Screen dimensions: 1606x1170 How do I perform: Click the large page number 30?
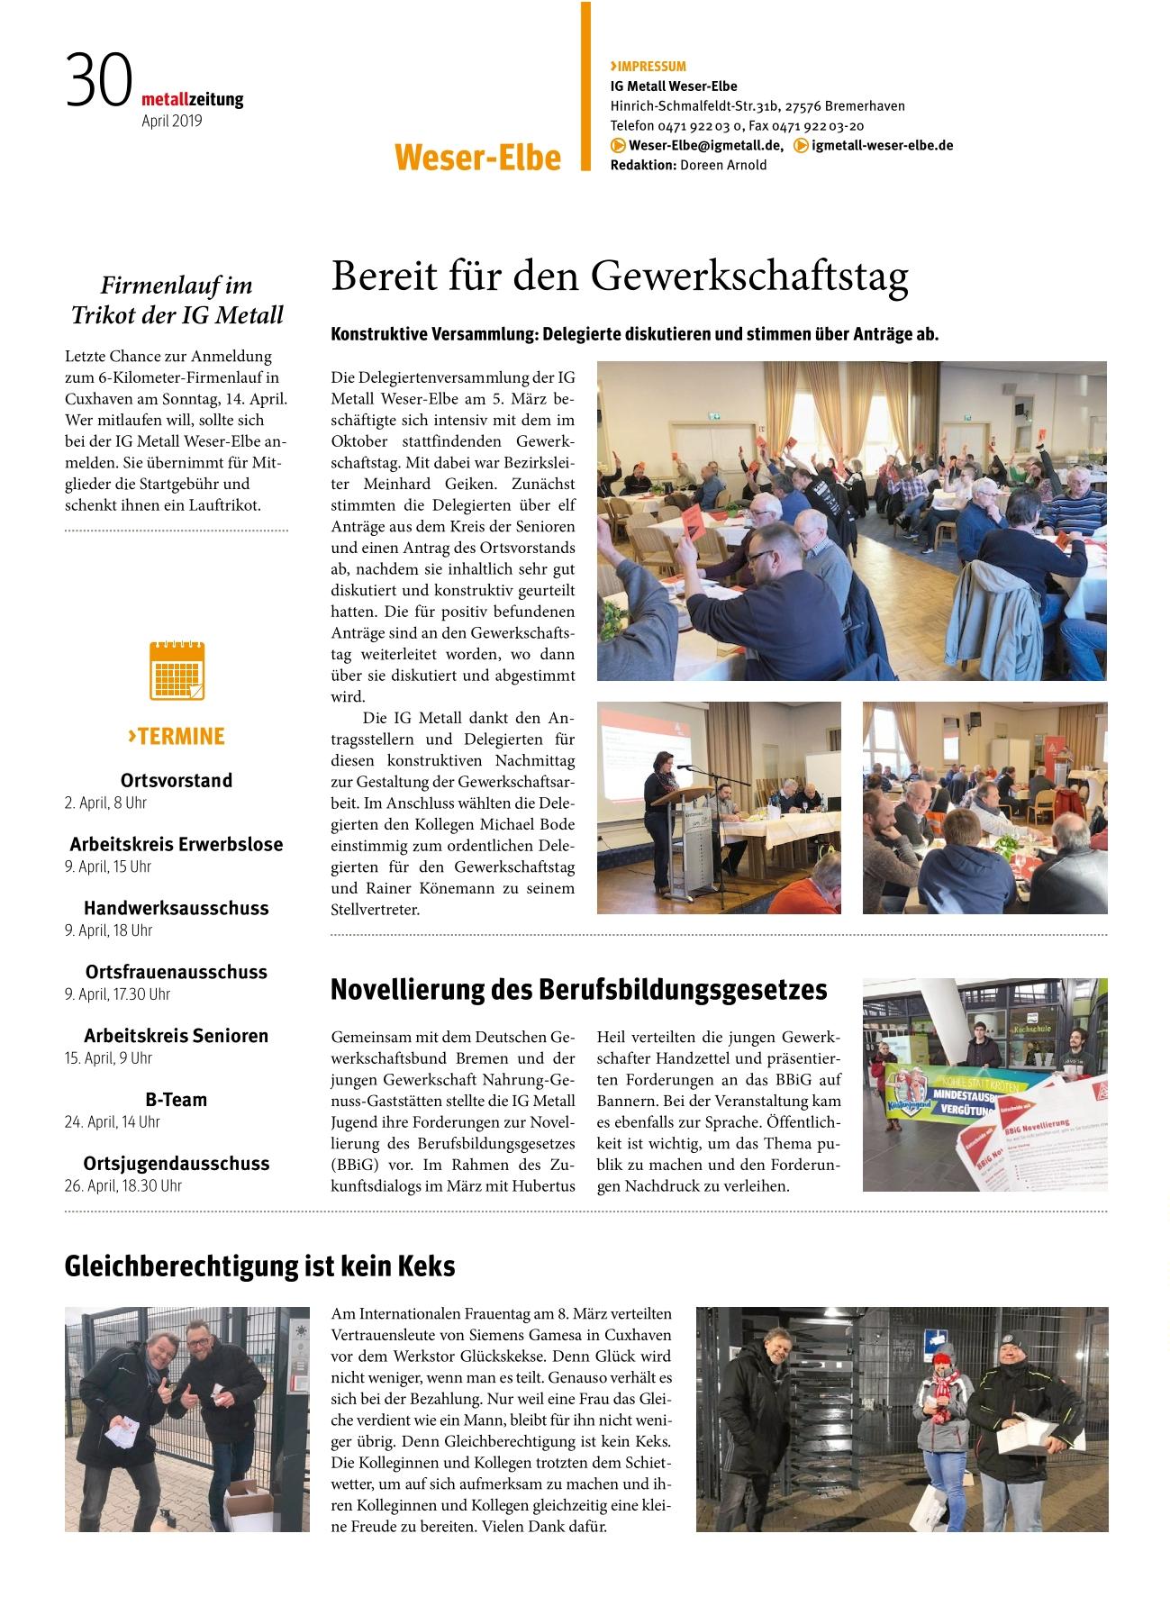tap(98, 81)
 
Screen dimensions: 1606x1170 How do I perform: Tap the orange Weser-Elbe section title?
tap(477, 158)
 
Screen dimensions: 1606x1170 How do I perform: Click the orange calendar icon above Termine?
tap(177, 671)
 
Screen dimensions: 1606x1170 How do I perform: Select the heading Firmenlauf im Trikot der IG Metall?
tap(177, 300)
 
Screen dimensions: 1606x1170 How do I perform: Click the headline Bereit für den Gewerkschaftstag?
tap(620, 277)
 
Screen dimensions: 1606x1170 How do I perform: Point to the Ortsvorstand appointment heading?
tap(177, 780)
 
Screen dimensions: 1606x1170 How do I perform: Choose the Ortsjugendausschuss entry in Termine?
tap(177, 1163)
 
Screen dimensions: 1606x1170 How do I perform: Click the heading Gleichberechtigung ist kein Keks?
tap(260, 1266)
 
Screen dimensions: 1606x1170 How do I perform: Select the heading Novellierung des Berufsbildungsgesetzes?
tap(578, 989)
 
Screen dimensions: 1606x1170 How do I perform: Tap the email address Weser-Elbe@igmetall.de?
tap(705, 145)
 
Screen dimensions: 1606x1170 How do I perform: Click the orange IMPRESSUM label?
tap(648, 66)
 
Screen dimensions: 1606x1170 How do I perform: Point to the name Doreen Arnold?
tap(723, 165)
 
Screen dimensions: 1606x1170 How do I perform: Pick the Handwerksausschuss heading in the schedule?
tap(177, 908)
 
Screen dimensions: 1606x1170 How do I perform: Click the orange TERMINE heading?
tap(177, 736)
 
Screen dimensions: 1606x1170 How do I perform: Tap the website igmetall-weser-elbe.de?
tap(882, 145)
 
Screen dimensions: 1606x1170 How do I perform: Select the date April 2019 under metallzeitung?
tap(172, 121)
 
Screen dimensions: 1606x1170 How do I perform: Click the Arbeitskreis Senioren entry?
tap(177, 1036)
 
